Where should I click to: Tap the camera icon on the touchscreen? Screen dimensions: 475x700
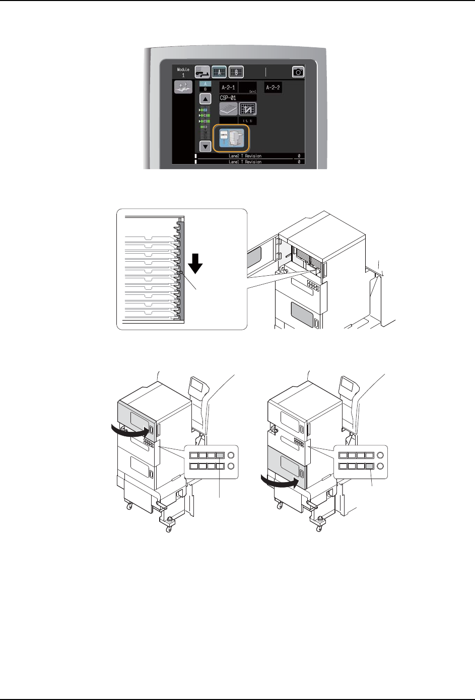[298, 72]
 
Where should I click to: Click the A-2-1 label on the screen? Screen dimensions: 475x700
[228, 88]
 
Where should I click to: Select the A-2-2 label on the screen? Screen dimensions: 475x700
[273, 88]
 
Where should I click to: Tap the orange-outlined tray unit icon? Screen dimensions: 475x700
[231, 138]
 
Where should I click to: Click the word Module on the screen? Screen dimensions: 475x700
[183, 69]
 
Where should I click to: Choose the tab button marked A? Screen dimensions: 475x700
[219, 71]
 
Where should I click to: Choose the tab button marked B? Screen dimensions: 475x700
[236, 71]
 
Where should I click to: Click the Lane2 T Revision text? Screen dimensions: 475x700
[245, 156]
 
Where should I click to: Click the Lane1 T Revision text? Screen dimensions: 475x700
[245, 162]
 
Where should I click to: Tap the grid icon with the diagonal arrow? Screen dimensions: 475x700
[247, 109]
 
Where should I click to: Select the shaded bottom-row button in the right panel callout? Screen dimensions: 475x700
[370, 466]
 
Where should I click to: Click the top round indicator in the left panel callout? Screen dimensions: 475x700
[231, 455]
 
